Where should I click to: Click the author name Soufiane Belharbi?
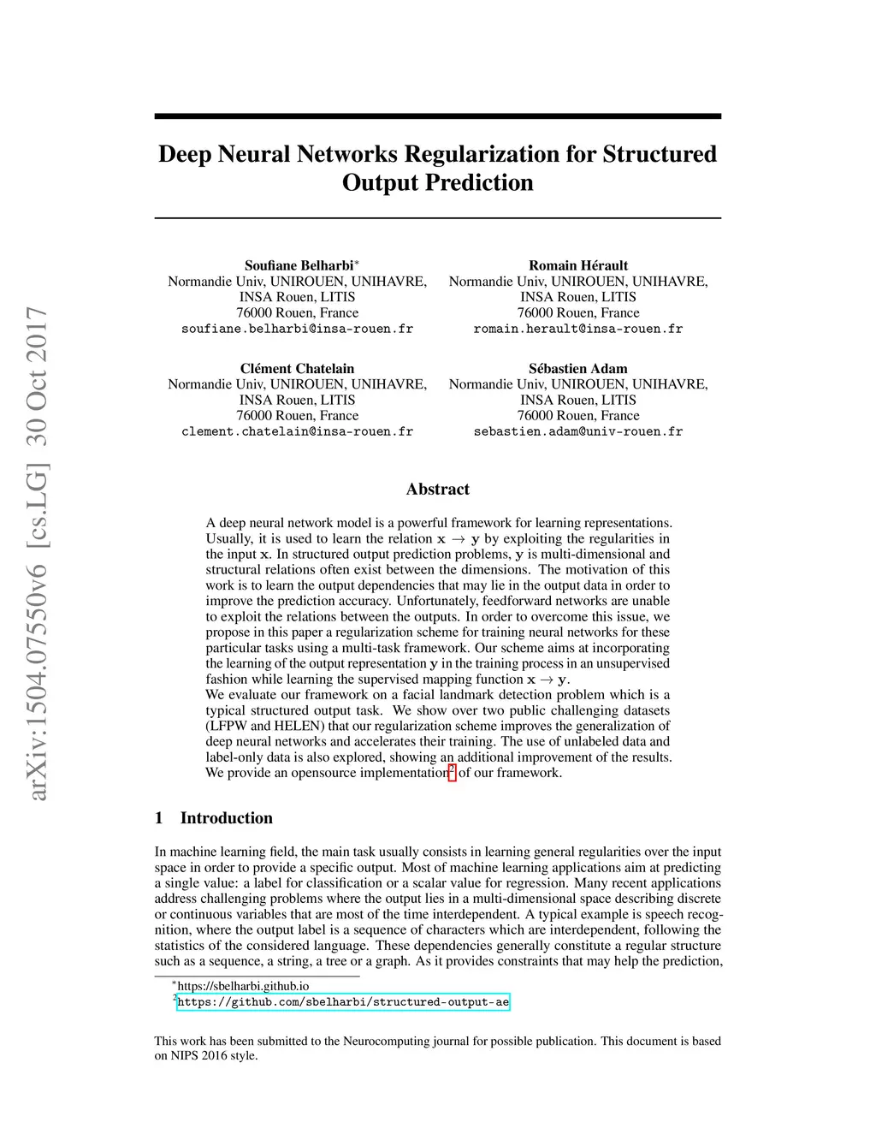[x=299, y=265]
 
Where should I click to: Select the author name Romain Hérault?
[x=578, y=265]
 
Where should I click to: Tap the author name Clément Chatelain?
[x=297, y=369]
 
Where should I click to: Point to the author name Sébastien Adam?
[x=578, y=369]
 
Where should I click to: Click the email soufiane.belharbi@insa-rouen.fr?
[x=297, y=329]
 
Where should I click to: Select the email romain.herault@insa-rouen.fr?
[x=578, y=329]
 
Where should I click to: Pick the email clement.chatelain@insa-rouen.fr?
[x=297, y=431]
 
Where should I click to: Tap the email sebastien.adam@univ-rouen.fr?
[x=578, y=431]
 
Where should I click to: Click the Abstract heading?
[x=438, y=490]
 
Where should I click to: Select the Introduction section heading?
[x=226, y=818]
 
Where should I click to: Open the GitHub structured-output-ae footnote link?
[x=343, y=1002]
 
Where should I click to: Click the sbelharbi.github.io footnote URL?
[x=243, y=986]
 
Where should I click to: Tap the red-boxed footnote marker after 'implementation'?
[x=453, y=772]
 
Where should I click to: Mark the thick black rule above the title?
[x=438, y=116]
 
